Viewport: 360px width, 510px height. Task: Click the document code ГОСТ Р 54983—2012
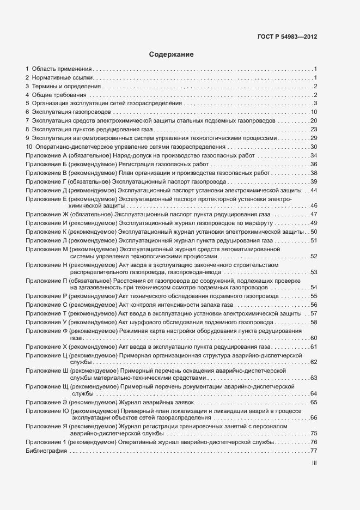coord(286,37)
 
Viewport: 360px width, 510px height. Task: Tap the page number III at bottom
coord(314,463)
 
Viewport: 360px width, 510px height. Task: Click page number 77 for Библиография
coord(314,451)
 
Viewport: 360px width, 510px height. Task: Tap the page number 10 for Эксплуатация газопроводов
coord(314,112)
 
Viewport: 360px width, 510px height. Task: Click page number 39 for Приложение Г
coord(314,181)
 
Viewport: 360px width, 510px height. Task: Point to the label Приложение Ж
coord(47,215)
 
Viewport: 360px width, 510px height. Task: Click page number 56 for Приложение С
coord(314,305)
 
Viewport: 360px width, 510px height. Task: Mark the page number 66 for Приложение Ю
coord(314,417)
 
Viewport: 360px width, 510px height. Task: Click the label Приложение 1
coord(46,442)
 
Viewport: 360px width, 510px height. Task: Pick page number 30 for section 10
coord(314,147)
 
